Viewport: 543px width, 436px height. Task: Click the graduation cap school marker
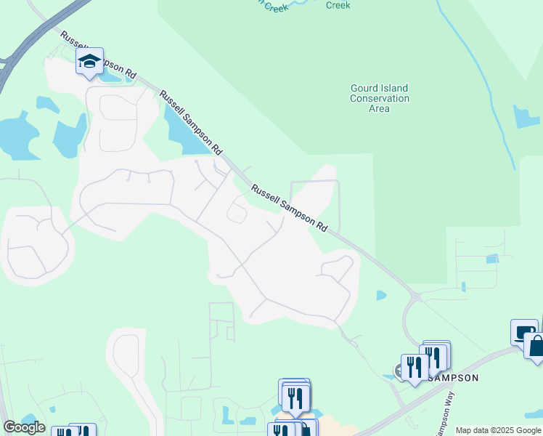point(89,62)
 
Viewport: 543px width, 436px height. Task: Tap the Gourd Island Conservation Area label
point(379,98)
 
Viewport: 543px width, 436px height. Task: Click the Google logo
point(23,427)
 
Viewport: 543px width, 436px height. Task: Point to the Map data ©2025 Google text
point(498,430)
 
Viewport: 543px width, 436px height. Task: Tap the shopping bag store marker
point(536,344)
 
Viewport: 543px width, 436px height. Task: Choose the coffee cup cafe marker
point(521,332)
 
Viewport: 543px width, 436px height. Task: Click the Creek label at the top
point(338,5)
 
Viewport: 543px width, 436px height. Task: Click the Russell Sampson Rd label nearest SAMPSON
point(289,207)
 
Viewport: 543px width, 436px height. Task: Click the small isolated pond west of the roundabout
point(381,295)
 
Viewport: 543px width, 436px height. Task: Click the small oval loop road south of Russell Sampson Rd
point(237,213)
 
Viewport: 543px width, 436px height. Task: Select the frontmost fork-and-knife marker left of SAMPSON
point(413,367)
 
